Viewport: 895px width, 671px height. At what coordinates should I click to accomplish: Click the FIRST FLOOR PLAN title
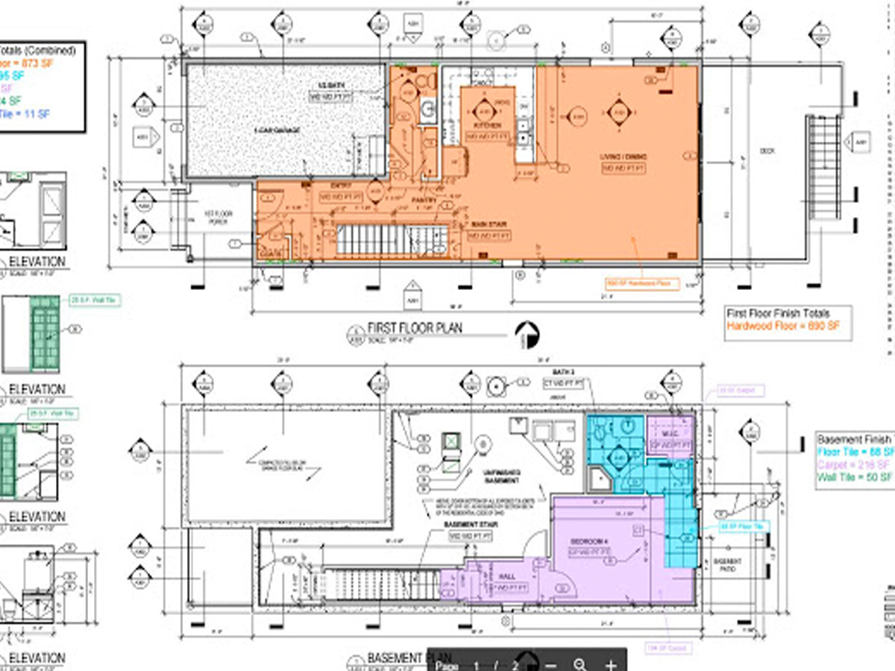click(x=415, y=328)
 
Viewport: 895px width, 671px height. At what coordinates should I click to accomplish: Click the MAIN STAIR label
click(x=489, y=224)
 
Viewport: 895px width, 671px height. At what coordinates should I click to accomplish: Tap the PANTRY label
click(x=425, y=201)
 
